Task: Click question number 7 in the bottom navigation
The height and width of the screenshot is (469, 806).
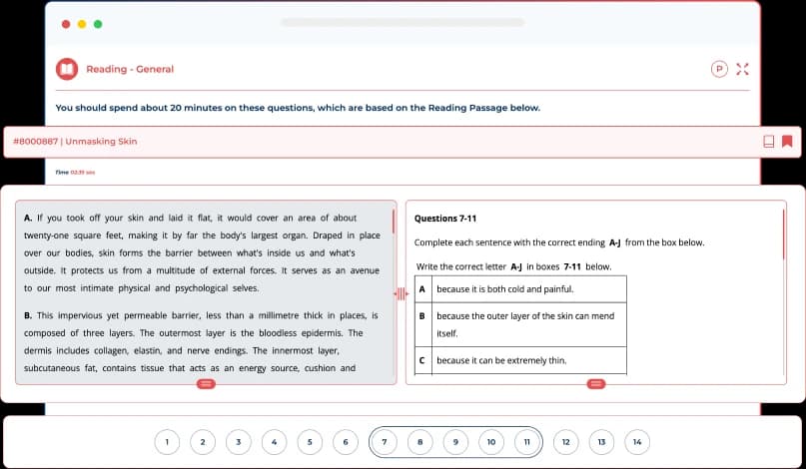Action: (x=385, y=441)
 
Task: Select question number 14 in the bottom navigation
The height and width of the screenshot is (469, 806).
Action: (x=636, y=441)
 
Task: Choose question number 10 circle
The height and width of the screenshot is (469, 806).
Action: (x=490, y=441)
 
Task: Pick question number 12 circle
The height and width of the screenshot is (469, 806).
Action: (x=565, y=441)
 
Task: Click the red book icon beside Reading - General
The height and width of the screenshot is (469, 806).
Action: (x=67, y=69)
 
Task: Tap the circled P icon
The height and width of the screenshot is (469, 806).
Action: (x=718, y=69)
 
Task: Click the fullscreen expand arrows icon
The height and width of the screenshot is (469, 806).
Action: (x=741, y=69)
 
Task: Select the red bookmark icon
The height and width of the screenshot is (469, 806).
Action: (x=787, y=141)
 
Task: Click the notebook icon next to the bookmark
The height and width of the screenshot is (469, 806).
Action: (x=768, y=141)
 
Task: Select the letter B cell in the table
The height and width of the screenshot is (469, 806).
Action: (x=422, y=315)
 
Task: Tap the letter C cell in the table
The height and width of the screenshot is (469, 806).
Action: (x=422, y=359)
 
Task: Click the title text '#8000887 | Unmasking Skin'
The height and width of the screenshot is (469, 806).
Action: (x=75, y=141)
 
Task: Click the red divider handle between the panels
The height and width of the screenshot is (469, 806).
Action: (x=401, y=293)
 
